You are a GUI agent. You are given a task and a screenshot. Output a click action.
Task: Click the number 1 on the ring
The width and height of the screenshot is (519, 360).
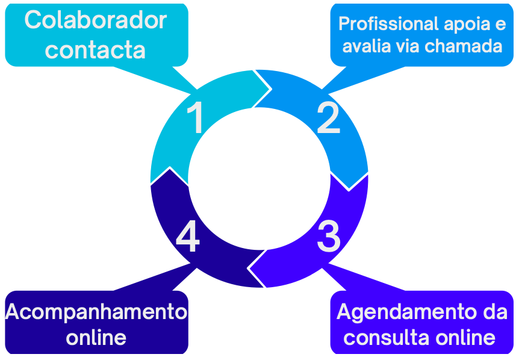(x=196, y=118)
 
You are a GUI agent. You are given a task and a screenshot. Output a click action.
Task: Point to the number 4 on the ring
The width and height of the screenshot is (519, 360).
(x=187, y=237)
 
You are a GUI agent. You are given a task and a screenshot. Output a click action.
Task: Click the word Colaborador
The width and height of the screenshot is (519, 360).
(x=96, y=20)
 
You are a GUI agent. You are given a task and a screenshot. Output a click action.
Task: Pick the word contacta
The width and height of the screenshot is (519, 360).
(x=95, y=49)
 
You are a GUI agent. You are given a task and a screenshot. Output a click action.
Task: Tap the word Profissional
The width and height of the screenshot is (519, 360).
(x=389, y=24)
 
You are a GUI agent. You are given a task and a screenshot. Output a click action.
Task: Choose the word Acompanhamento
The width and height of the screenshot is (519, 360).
(x=96, y=312)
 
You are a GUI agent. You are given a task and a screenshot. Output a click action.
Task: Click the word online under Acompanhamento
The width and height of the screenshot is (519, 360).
(x=96, y=337)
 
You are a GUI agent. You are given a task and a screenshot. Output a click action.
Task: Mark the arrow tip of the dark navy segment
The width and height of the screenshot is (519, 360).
(x=170, y=170)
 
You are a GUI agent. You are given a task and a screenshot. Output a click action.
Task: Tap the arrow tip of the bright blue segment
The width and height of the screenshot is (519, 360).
(x=349, y=188)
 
